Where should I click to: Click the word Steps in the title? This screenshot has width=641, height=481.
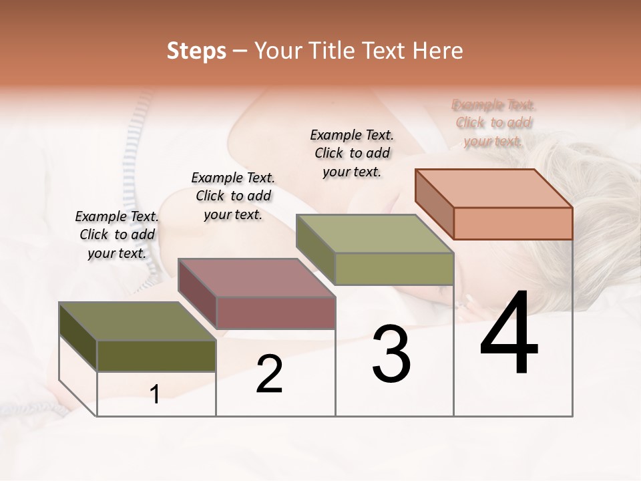(196, 51)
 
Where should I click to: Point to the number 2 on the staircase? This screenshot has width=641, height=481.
(269, 374)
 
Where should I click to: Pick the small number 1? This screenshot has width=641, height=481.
(155, 394)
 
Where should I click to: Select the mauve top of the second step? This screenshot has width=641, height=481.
(256, 277)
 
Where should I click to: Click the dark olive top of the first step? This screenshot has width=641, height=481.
(138, 321)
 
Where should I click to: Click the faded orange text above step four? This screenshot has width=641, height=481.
(494, 123)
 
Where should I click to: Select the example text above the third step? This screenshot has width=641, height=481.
(352, 153)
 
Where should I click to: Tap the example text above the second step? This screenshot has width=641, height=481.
(233, 196)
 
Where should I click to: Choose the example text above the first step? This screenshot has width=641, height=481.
(117, 234)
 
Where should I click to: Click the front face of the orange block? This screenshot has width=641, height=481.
(513, 223)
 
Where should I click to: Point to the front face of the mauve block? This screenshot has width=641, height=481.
(276, 313)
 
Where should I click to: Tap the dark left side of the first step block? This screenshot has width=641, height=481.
(78, 337)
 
